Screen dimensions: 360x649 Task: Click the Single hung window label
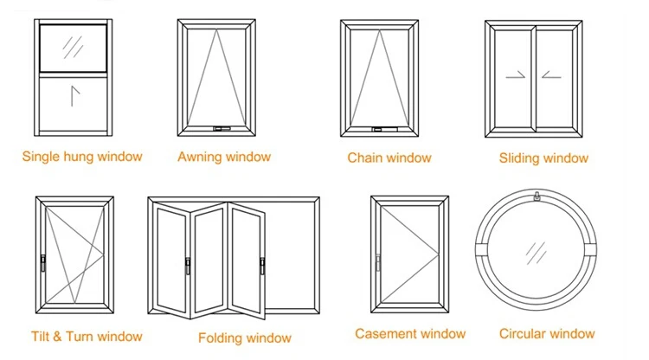(x=82, y=157)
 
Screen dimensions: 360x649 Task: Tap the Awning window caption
(x=224, y=157)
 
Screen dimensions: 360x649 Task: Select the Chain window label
(x=389, y=157)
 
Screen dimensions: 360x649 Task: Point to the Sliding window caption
(x=543, y=157)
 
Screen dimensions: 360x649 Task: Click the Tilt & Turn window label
(x=87, y=336)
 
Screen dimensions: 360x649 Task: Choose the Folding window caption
(x=245, y=337)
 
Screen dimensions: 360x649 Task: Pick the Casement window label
(x=410, y=333)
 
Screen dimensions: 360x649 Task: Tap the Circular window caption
(x=547, y=333)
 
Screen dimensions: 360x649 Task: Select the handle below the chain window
(x=381, y=130)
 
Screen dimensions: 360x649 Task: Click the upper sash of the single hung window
(x=74, y=48)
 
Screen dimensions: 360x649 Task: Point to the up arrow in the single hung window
(x=74, y=93)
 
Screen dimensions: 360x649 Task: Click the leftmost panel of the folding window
(x=171, y=260)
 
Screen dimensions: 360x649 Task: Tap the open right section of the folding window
(x=290, y=260)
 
